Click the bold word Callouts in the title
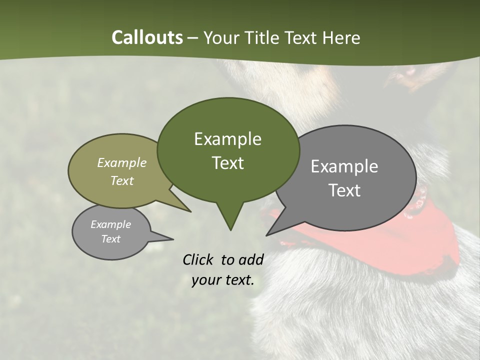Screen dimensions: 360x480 click(x=147, y=37)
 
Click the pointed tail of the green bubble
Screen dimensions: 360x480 click(x=230, y=220)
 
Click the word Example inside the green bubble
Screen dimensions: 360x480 click(x=227, y=139)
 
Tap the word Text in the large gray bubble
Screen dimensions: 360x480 click(x=344, y=190)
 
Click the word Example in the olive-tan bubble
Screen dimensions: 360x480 click(x=122, y=163)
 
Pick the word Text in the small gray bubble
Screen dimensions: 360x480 click(x=111, y=239)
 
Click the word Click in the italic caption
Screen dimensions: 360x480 click(x=198, y=259)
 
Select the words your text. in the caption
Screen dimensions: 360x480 click(x=223, y=280)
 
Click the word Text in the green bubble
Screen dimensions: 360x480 click(x=227, y=163)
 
